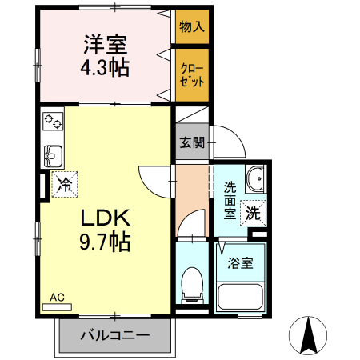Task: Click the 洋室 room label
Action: (106, 45)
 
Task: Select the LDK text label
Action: (106, 218)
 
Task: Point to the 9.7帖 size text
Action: (105, 242)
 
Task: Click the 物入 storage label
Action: (192, 26)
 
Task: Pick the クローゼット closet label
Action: (192, 75)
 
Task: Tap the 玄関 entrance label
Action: (192, 142)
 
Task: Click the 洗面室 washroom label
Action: (230, 200)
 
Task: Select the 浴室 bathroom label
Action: (240, 263)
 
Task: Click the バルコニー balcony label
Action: (115, 336)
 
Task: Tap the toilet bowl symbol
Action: (192, 285)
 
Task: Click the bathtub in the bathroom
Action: (240, 296)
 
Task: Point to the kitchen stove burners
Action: (53, 121)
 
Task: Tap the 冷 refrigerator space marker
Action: (65, 184)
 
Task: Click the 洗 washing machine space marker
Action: (253, 213)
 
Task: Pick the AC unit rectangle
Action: (57, 307)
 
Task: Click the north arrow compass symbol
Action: (308, 335)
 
